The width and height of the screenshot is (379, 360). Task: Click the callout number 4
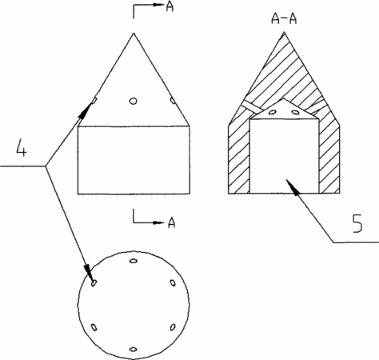22,147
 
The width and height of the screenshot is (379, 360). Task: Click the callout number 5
357,223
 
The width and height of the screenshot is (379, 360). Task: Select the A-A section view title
284,19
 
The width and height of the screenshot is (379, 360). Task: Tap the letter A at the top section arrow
170,6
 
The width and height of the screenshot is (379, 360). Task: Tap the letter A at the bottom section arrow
172,222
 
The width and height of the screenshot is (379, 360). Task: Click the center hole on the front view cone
134,101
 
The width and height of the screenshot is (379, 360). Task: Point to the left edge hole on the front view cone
94,101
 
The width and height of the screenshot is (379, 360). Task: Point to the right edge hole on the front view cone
173,101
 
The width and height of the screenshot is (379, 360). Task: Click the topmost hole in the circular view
134,261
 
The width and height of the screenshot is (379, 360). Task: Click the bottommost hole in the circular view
134,349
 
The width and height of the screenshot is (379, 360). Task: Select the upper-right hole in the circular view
173,282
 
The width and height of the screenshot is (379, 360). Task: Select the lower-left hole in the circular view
94,327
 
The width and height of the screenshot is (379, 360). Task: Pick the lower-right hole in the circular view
173,327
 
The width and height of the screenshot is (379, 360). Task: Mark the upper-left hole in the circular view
94,282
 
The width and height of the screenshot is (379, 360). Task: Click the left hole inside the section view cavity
272,112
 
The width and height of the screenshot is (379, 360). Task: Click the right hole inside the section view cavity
295,112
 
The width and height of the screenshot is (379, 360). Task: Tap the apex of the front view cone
134,33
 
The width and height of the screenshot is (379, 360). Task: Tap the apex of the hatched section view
284,32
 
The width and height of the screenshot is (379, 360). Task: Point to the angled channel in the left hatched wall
253,106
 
